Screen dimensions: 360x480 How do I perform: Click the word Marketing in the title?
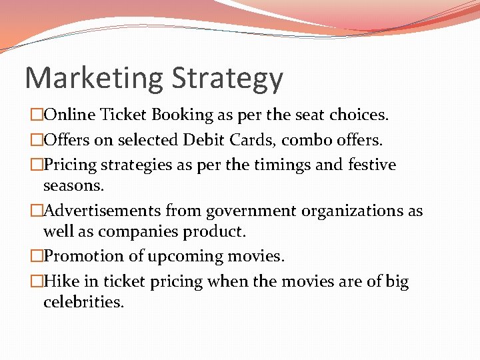tap(94, 78)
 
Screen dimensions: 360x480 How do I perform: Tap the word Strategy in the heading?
tap(227, 79)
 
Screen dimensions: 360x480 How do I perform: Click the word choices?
tap(359, 115)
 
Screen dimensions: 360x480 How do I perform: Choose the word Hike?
tap(57, 281)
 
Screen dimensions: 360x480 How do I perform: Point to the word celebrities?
tap(83, 302)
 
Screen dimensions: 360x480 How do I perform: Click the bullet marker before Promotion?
tap(36, 257)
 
